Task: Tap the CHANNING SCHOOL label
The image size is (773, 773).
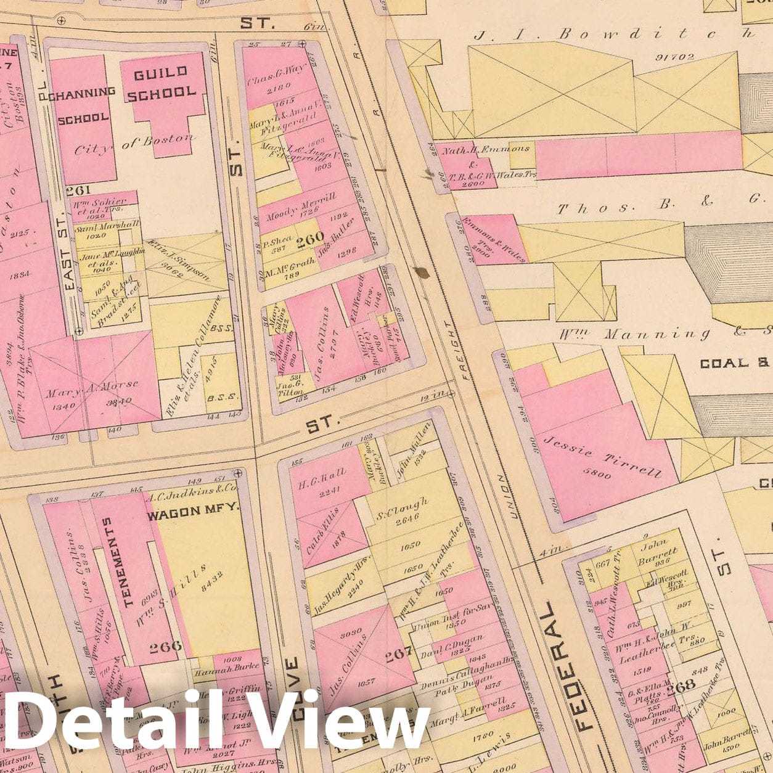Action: click(86, 105)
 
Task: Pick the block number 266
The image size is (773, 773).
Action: click(166, 646)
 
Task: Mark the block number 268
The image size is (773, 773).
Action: click(681, 685)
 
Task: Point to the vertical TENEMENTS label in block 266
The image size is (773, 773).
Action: click(117, 562)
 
